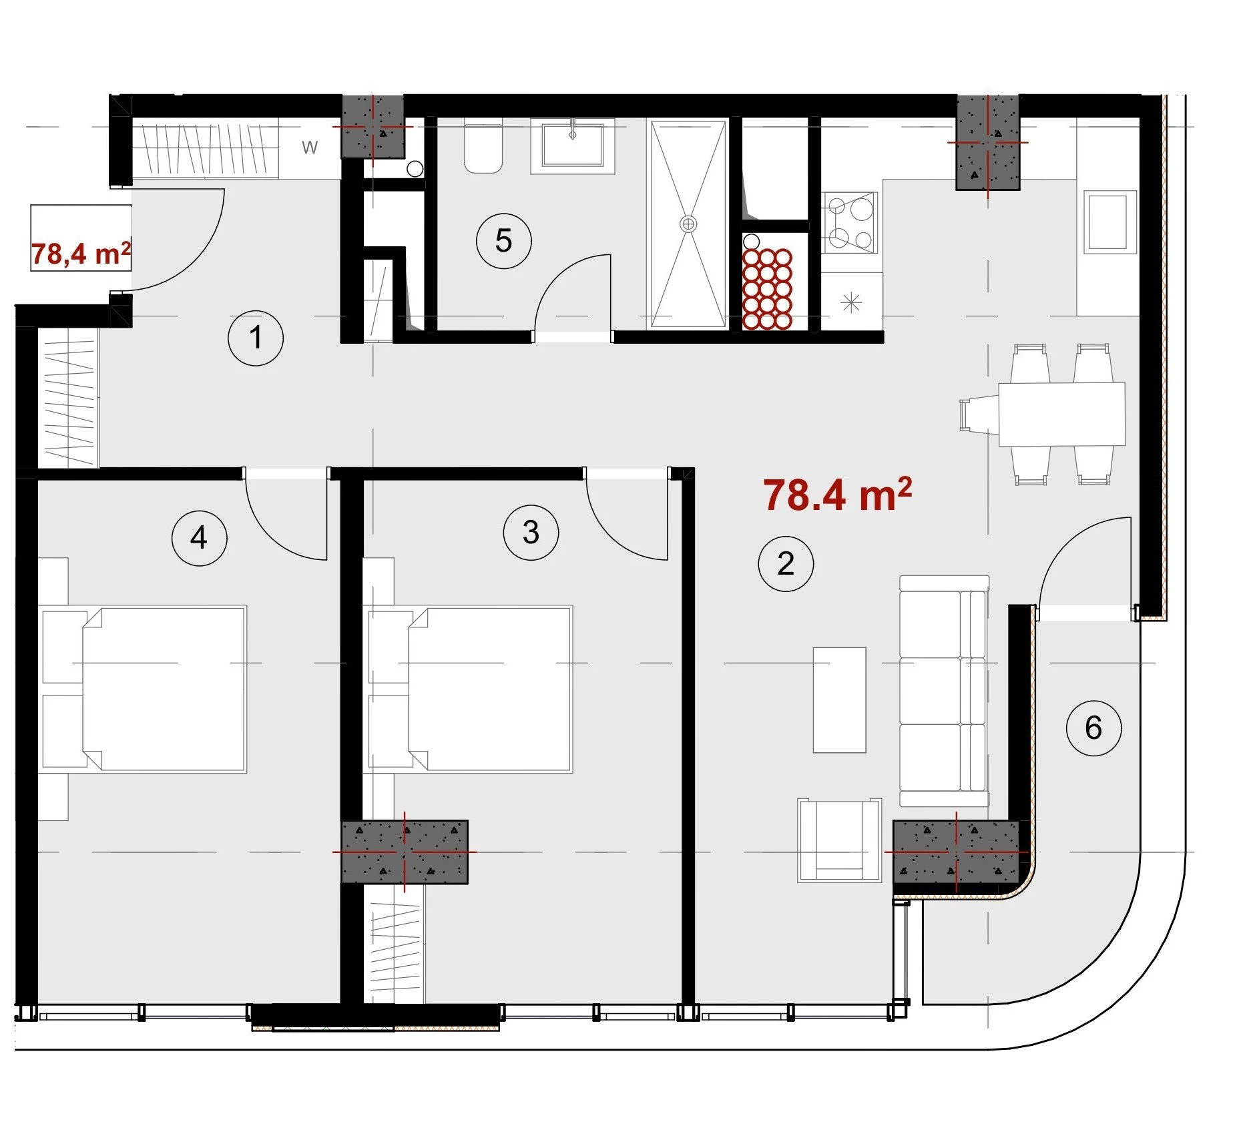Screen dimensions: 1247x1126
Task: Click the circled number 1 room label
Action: tap(256, 338)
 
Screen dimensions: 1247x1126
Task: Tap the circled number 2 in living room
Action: tap(786, 564)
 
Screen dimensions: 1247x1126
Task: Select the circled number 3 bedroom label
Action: tap(531, 533)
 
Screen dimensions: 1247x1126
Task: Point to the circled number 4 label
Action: tap(199, 538)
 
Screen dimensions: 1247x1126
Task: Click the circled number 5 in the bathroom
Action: tap(503, 241)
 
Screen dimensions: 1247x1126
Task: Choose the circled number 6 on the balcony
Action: tap(1093, 728)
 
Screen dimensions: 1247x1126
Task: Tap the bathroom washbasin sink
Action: tap(573, 146)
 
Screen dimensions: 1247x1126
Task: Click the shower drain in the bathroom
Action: tap(688, 224)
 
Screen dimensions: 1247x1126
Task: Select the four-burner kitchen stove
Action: tap(849, 223)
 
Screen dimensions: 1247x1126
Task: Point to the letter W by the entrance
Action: tap(310, 148)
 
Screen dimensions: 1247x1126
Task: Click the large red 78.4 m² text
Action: tap(838, 495)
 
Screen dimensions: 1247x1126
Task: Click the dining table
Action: tap(1061, 414)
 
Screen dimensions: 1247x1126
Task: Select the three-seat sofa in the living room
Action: tap(944, 691)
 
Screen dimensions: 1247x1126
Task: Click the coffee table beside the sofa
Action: tap(839, 700)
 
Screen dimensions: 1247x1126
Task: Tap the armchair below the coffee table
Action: tap(839, 840)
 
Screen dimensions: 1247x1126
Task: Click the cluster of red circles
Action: tap(767, 289)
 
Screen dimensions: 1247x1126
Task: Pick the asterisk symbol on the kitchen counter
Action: tap(851, 304)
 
